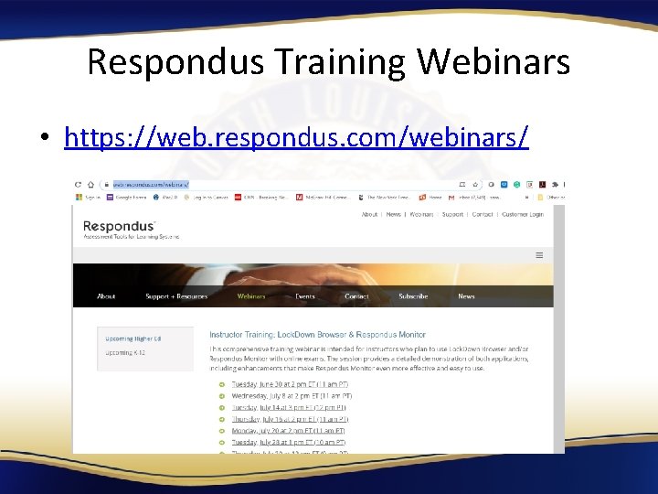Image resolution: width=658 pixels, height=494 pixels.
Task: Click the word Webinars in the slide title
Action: pyautogui.click(x=493, y=63)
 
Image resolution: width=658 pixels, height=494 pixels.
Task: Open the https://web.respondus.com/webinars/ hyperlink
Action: pyautogui.click(x=296, y=137)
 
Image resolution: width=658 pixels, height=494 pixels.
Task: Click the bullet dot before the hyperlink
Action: pyautogui.click(x=44, y=139)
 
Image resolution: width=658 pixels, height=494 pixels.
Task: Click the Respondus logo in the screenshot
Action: pyautogui.click(x=119, y=227)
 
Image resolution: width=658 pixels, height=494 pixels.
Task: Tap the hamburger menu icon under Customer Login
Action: pyautogui.click(x=539, y=255)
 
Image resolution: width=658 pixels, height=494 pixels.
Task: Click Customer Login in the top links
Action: pyautogui.click(x=523, y=214)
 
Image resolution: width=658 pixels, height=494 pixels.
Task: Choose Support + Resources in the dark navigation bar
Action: pyautogui.click(x=176, y=296)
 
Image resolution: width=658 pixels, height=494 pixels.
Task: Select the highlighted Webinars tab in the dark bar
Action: pyautogui.click(x=251, y=296)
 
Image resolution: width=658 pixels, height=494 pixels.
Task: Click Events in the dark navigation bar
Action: pyautogui.click(x=305, y=296)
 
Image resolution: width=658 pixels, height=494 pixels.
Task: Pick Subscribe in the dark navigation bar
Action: pyautogui.click(x=413, y=296)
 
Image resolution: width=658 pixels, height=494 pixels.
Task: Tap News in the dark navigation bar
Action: pyautogui.click(x=466, y=296)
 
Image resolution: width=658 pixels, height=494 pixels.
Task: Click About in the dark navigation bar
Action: pyautogui.click(x=106, y=296)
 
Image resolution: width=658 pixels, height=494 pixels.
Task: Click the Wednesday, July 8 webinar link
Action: pyautogui.click(x=292, y=396)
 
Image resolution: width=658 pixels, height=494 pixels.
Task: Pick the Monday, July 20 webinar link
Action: pyautogui.click(x=288, y=430)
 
